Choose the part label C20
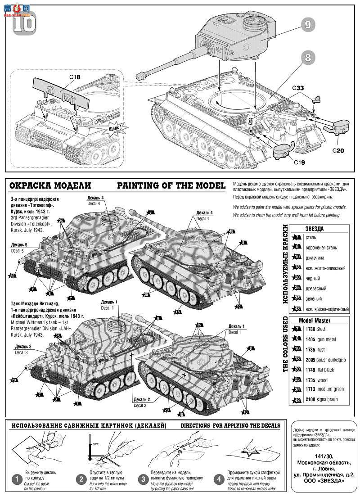click(x=338, y=150)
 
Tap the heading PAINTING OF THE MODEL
click(x=171, y=185)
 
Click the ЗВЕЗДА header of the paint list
click(x=315, y=228)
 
